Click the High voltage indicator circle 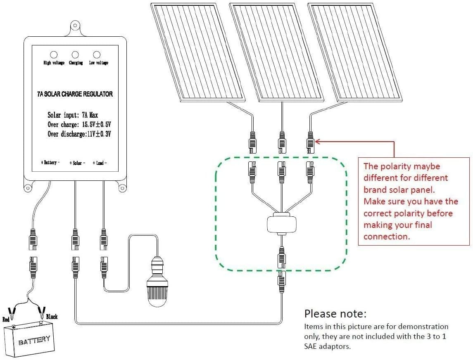click(x=54, y=54)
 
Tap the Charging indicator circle click(x=75, y=54)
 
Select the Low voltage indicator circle click(x=97, y=54)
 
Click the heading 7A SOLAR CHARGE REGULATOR click(x=75, y=94)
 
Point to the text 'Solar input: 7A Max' click(x=73, y=115)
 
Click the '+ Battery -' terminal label click(x=50, y=163)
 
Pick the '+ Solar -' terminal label click(x=77, y=163)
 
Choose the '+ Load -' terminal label click(x=100, y=163)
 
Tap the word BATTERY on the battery click(x=34, y=340)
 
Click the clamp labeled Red click(x=12, y=313)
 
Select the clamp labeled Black click(x=42, y=313)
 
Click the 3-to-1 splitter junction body click(x=282, y=223)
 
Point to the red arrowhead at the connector click(x=317, y=141)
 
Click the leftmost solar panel click(x=197, y=53)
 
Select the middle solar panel click(x=276, y=53)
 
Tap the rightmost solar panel click(x=355, y=53)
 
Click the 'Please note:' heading click(x=335, y=314)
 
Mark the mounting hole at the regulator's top click(x=75, y=26)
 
